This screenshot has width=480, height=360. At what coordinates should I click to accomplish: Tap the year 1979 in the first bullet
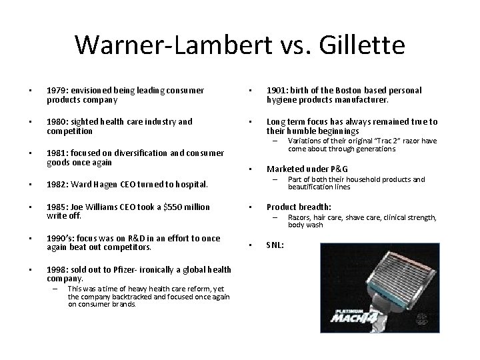point(56,90)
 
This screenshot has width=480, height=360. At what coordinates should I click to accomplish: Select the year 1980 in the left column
point(56,121)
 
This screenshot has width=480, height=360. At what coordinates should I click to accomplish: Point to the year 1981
point(56,153)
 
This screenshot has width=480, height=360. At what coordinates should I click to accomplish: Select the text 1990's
point(58,238)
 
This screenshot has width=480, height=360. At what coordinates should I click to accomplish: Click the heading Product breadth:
point(299,206)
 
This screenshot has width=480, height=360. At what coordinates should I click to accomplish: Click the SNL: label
point(275,245)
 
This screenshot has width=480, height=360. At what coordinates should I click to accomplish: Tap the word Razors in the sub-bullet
point(299,217)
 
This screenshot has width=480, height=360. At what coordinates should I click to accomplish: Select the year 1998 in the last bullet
point(56,269)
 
